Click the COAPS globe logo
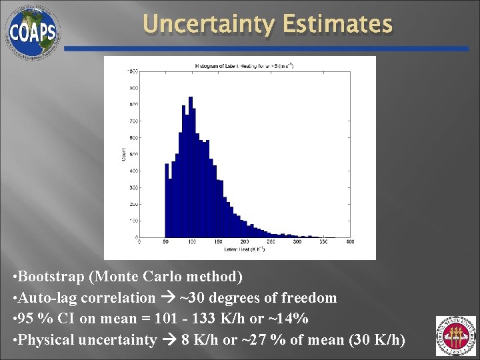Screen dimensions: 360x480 (32, 31)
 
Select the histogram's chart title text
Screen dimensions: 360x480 (244, 65)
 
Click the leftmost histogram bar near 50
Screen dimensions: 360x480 (167, 200)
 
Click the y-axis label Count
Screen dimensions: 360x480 (123, 155)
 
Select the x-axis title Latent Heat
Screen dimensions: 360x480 (244, 249)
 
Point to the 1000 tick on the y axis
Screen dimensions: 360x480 (133, 71)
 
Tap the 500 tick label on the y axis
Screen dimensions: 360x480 (133, 154)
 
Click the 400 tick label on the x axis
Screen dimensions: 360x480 (350, 242)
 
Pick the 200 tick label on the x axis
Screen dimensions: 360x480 (244, 242)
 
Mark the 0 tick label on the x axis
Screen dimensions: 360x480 (139, 242)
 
